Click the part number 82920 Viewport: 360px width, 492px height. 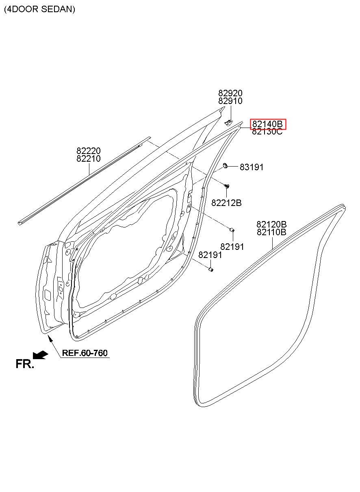click(x=230, y=93)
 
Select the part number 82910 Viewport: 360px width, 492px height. click(x=230, y=101)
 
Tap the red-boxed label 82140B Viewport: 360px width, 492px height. click(x=268, y=124)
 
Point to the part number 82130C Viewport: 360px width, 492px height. click(x=267, y=132)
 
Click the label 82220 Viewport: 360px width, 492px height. click(x=89, y=151)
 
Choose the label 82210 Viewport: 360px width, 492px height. click(x=89, y=158)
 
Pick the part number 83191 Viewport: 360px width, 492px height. click(x=252, y=167)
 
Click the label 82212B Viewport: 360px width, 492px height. click(x=226, y=203)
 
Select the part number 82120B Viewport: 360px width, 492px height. click(x=271, y=224)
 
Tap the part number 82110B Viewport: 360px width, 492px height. click(x=271, y=232)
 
